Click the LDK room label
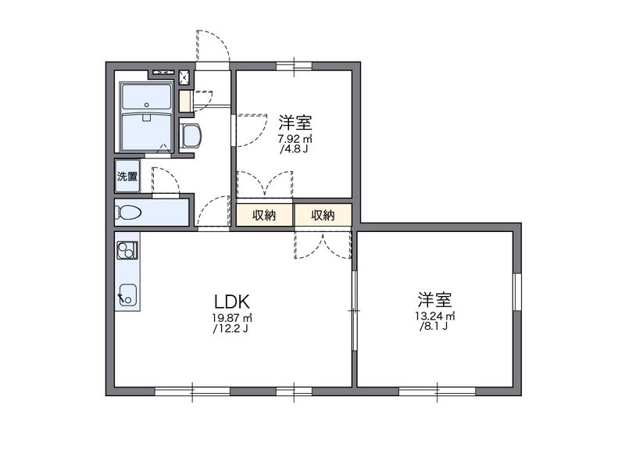point(232,301)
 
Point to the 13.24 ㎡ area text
point(435,316)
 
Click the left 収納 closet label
point(264,215)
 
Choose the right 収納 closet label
point(323,215)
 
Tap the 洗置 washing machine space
point(127,177)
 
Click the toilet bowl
point(130,212)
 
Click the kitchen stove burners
point(127,250)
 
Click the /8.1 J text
point(434,327)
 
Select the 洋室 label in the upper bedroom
point(296,123)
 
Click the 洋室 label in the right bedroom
point(435,299)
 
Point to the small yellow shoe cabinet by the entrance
point(185,101)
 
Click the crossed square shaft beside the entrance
point(185,77)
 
